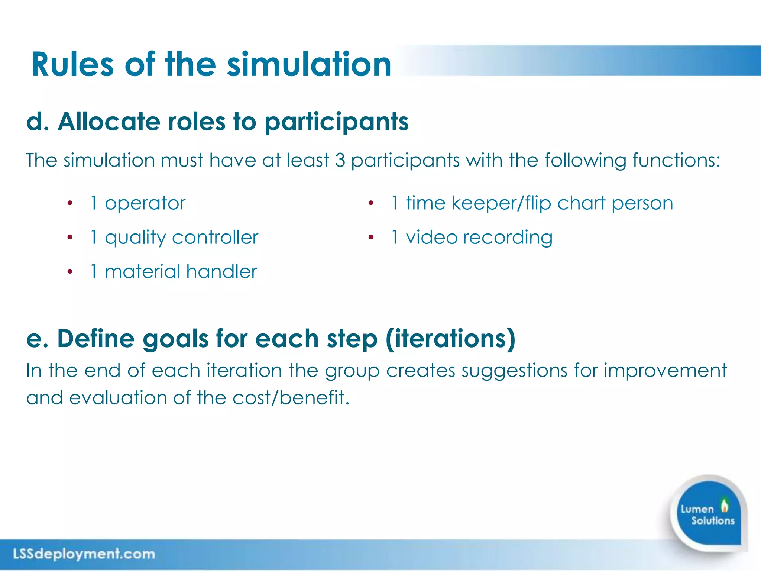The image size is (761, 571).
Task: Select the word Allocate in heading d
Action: tap(109, 122)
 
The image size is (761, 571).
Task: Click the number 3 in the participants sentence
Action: tap(340, 160)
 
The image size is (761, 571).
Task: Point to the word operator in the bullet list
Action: tap(145, 204)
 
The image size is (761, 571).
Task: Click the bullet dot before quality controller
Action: tap(70, 238)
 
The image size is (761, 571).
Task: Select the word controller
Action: tap(215, 238)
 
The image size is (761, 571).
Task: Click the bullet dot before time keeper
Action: tap(370, 203)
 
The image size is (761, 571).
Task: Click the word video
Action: tap(431, 238)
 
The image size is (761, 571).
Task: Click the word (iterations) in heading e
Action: tap(450, 339)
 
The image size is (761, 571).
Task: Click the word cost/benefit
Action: tap(291, 398)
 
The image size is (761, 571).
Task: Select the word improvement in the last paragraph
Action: tap(665, 371)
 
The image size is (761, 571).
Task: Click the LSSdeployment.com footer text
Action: tap(84, 554)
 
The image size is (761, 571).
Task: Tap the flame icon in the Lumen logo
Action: tap(724, 505)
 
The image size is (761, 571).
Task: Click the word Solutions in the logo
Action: tap(713, 520)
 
